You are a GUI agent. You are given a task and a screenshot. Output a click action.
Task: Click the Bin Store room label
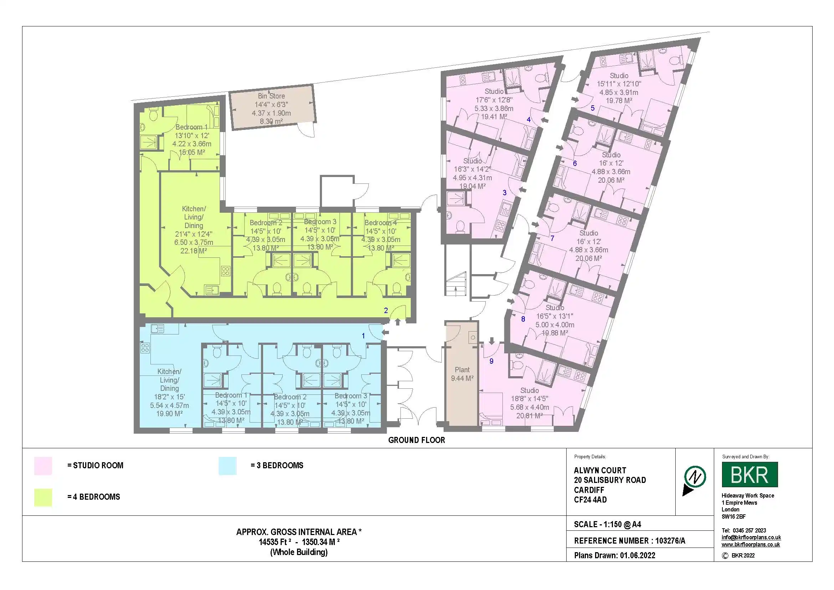[271, 96]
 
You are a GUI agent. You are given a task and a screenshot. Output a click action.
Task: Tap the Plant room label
[462, 370]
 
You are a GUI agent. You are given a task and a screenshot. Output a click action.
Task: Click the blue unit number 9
[491, 361]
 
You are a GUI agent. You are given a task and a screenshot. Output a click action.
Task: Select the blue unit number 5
[593, 108]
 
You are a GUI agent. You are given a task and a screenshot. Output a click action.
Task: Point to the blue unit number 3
[505, 193]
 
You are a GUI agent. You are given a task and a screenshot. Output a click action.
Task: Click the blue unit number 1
[363, 336]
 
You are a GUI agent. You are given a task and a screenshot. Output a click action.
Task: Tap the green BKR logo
[750, 474]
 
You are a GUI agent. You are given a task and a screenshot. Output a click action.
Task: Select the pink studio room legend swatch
[43, 466]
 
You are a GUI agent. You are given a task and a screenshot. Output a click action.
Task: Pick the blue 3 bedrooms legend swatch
[227, 466]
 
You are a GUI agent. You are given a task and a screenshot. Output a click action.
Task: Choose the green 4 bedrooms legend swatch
[43, 497]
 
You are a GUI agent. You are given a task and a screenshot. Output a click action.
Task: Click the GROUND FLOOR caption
[416, 440]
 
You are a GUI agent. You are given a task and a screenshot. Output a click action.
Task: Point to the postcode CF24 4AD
[590, 500]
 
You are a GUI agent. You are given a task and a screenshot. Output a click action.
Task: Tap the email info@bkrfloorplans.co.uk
[751, 537]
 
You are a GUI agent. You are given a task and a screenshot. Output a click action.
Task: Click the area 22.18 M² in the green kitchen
[194, 251]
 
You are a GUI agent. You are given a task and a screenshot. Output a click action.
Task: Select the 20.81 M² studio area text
[529, 415]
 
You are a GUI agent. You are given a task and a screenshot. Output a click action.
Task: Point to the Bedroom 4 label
[380, 223]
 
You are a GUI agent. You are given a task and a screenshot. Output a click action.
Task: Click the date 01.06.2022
[638, 555]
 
